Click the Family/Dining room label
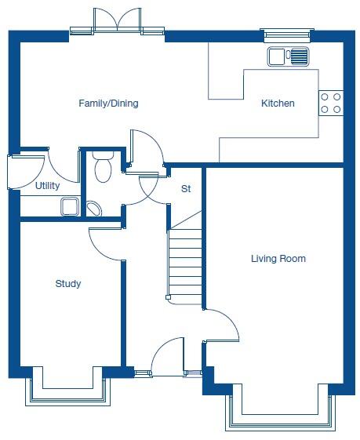click(x=108, y=104)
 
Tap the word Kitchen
click(x=278, y=104)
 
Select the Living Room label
click(x=278, y=258)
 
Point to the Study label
click(x=67, y=284)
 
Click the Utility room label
click(x=47, y=186)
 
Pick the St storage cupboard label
click(x=186, y=189)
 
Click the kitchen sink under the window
click(x=288, y=56)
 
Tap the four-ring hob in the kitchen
click(x=330, y=103)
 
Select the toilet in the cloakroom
click(x=102, y=168)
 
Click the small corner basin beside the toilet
click(x=93, y=209)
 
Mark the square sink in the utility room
click(x=69, y=206)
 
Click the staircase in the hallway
click(x=185, y=259)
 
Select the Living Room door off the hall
click(x=222, y=323)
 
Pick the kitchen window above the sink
click(x=287, y=35)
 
